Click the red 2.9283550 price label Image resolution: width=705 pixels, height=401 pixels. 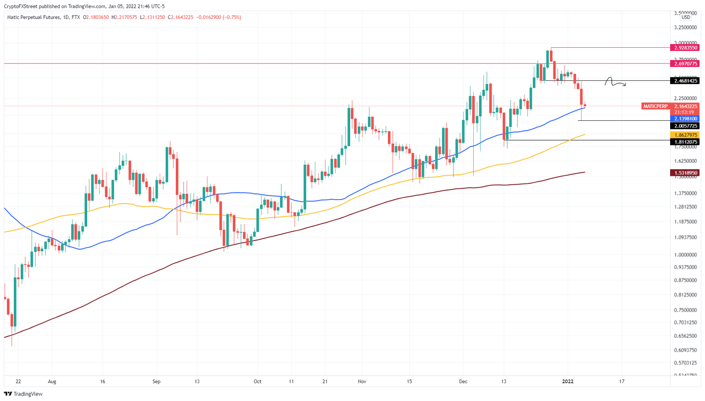coord(684,48)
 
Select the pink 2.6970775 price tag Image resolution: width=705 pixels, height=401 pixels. coord(684,64)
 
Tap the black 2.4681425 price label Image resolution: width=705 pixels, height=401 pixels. coord(684,81)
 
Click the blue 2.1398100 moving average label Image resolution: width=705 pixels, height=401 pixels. coord(684,119)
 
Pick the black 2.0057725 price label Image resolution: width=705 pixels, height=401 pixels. coord(684,126)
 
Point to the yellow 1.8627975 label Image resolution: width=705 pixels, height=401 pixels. coord(684,135)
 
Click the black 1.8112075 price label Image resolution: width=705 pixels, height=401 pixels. coord(684,142)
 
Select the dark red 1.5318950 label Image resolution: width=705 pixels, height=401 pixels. coord(684,173)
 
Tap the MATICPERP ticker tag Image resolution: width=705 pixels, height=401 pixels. coord(655,107)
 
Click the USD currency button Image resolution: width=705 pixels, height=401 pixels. coord(685,17)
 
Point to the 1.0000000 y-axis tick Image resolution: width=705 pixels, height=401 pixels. coord(685,255)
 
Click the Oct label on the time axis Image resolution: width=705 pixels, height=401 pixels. coord(257,381)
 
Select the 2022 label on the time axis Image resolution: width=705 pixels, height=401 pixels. coord(568,381)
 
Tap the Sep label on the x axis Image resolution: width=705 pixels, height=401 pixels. coord(157,381)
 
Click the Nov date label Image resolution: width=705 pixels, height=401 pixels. coord(362,381)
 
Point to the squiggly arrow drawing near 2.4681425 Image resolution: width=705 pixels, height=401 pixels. coord(615,82)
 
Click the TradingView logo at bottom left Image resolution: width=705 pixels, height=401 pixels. coord(23,394)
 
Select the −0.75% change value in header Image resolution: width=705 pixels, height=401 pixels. coord(232,17)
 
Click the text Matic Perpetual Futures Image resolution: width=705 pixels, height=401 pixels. coord(34,17)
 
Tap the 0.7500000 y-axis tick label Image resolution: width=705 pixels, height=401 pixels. coord(685,310)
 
